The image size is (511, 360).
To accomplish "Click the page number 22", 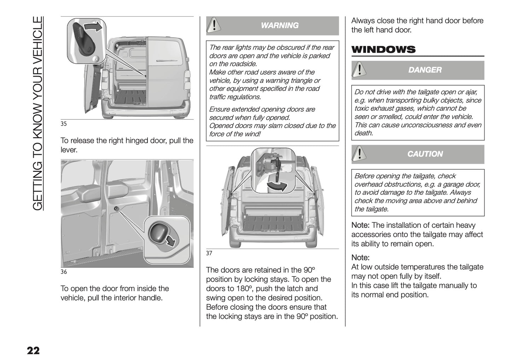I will click(x=33, y=350).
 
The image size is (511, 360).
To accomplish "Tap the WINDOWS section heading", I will click(x=383, y=50).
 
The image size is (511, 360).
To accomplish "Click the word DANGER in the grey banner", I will click(x=425, y=70).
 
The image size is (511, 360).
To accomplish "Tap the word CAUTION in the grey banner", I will click(x=425, y=154).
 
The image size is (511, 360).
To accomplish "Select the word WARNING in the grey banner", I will click(x=279, y=25).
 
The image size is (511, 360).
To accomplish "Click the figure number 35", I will click(x=64, y=124).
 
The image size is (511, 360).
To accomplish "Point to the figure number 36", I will click(x=64, y=272).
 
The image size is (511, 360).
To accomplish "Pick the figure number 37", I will click(x=209, y=253).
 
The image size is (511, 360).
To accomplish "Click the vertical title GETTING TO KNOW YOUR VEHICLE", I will click(x=38, y=113).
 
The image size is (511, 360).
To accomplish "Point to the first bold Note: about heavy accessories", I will click(x=360, y=225).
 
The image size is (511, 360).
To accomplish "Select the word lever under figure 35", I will click(x=69, y=150).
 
